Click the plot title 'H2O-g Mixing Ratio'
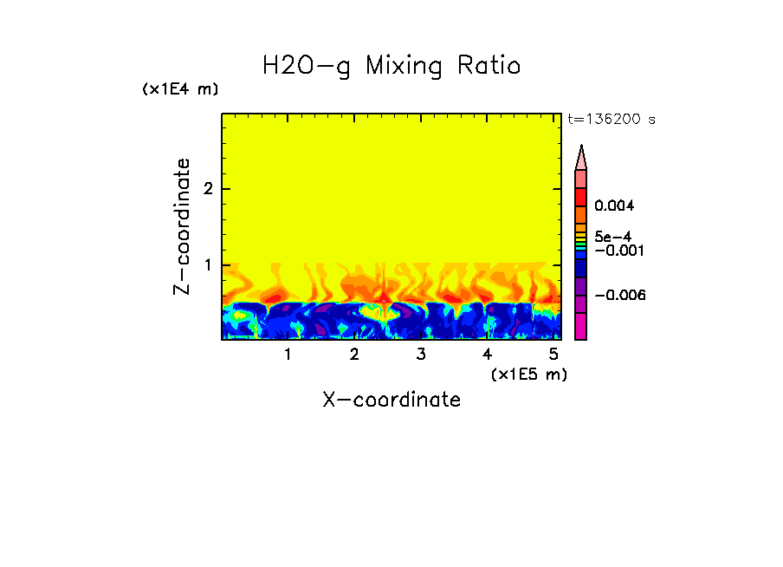coord(391,66)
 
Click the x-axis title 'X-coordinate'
coord(391,400)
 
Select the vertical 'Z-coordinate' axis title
coord(182,226)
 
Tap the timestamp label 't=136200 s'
coord(611,120)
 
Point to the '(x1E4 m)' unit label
coord(180,89)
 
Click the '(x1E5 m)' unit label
coord(528,374)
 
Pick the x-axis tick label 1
coord(288,355)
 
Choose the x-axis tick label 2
coord(354,355)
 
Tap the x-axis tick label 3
coord(421,355)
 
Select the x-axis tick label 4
coord(487,355)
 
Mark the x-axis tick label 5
coord(553,355)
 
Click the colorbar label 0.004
coord(615,206)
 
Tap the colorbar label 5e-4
coord(612,236)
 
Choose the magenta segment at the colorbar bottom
coord(581,326)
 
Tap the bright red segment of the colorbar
coord(581,196)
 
